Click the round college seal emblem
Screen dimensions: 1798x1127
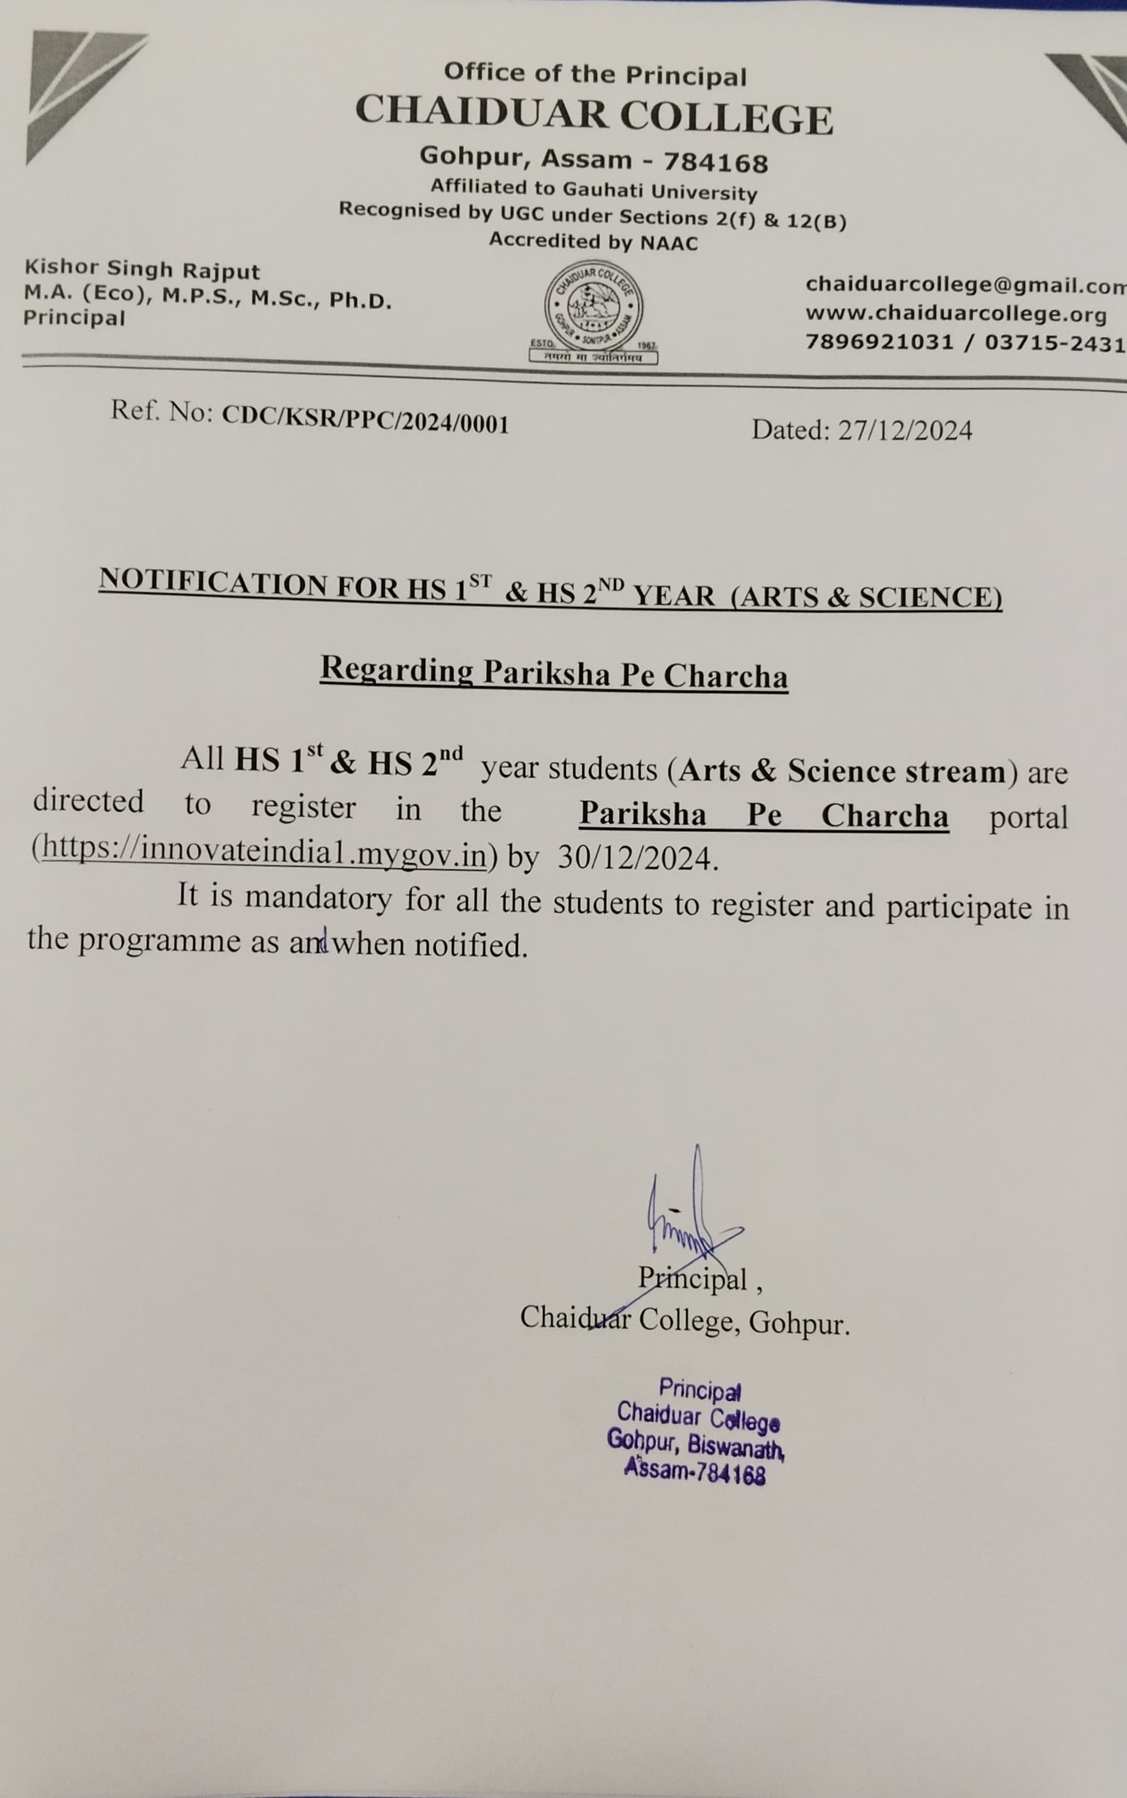pos(594,306)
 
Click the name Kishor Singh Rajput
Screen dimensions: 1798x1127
pos(142,269)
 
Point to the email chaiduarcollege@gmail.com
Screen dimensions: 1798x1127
pos(965,286)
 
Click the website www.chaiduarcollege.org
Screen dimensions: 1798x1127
pos(955,314)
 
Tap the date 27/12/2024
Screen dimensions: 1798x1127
pos(905,431)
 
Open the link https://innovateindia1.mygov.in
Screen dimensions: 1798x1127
pos(264,851)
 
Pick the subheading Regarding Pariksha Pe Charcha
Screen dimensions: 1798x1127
pos(554,674)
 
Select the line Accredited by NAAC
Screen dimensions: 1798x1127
pos(594,242)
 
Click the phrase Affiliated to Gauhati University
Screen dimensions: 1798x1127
pos(594,190)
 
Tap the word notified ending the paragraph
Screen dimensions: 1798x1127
pos(469,946)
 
